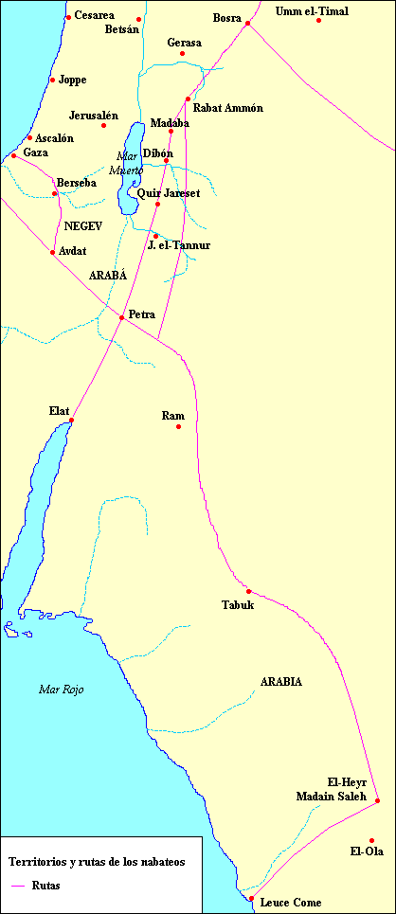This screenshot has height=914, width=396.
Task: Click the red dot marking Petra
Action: click(121, 317)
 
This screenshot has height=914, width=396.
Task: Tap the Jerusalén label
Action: click(94, 116)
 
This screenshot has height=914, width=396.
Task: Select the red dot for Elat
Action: click(71, 420)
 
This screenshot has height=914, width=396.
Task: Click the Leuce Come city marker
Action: click(251, 898)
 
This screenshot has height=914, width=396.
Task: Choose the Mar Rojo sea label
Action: click(61, 690)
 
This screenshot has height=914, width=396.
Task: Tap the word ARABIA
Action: click(281, 682)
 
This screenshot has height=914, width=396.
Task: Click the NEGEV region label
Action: click(82, 226)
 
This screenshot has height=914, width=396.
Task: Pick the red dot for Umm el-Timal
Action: click(319, 20)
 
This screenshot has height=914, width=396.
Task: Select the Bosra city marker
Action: click(247, 23)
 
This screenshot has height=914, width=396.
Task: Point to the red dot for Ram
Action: click(178, 427)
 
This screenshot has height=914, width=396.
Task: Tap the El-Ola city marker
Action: click(372, 840)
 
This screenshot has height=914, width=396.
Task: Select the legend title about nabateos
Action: click(90, 862)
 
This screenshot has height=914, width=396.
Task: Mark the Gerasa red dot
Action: click(182, 53)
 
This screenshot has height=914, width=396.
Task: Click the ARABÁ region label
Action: click(107, 275)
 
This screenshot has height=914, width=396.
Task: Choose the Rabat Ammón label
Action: click(227, 108)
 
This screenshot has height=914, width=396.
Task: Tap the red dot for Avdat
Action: click(52, 252)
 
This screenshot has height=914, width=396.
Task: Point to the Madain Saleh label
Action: click(324, 795)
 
